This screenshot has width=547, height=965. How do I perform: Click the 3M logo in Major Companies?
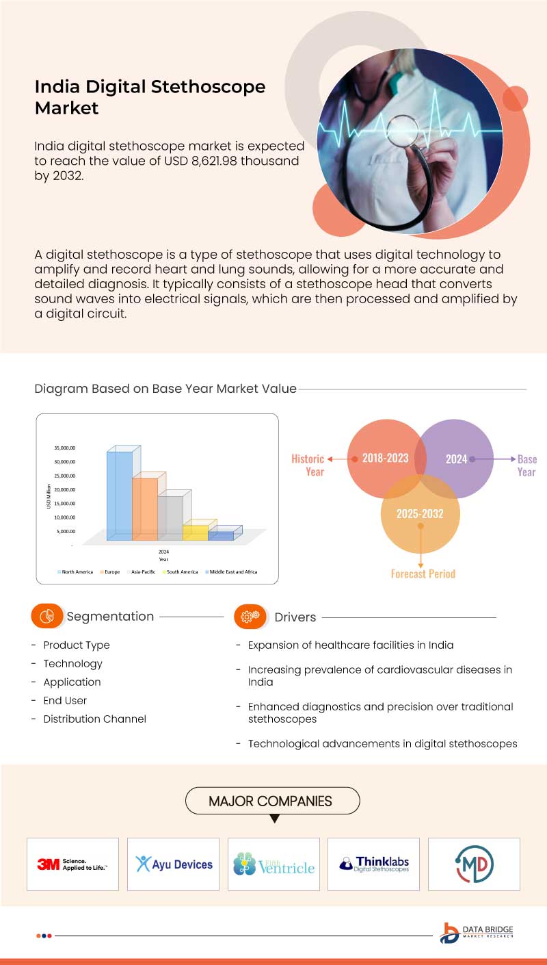click(72, 864)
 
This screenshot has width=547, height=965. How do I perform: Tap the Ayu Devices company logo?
click(174, 864)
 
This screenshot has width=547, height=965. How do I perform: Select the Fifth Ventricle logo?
click(273, 864)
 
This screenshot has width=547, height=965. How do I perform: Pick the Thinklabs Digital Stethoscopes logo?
click(374, 864)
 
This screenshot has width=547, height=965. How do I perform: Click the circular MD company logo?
click(474, 864)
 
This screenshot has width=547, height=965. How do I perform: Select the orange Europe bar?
click(145, 508)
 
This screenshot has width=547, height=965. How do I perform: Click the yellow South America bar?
click(196, 532)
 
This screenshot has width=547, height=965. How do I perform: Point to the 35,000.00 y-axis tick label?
click(65, 448)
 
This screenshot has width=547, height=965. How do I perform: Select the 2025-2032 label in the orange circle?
click(420, 513)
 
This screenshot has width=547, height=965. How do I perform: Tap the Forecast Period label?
click(423, 574)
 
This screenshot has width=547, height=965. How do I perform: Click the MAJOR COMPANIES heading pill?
click(271, 801)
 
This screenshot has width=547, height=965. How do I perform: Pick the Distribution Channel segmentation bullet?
click(94, 719)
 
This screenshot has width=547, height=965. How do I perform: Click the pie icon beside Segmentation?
click(47, 616)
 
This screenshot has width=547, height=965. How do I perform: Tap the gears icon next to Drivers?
click(250, 616)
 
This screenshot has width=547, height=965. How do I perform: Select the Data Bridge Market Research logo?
click(477, 933)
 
